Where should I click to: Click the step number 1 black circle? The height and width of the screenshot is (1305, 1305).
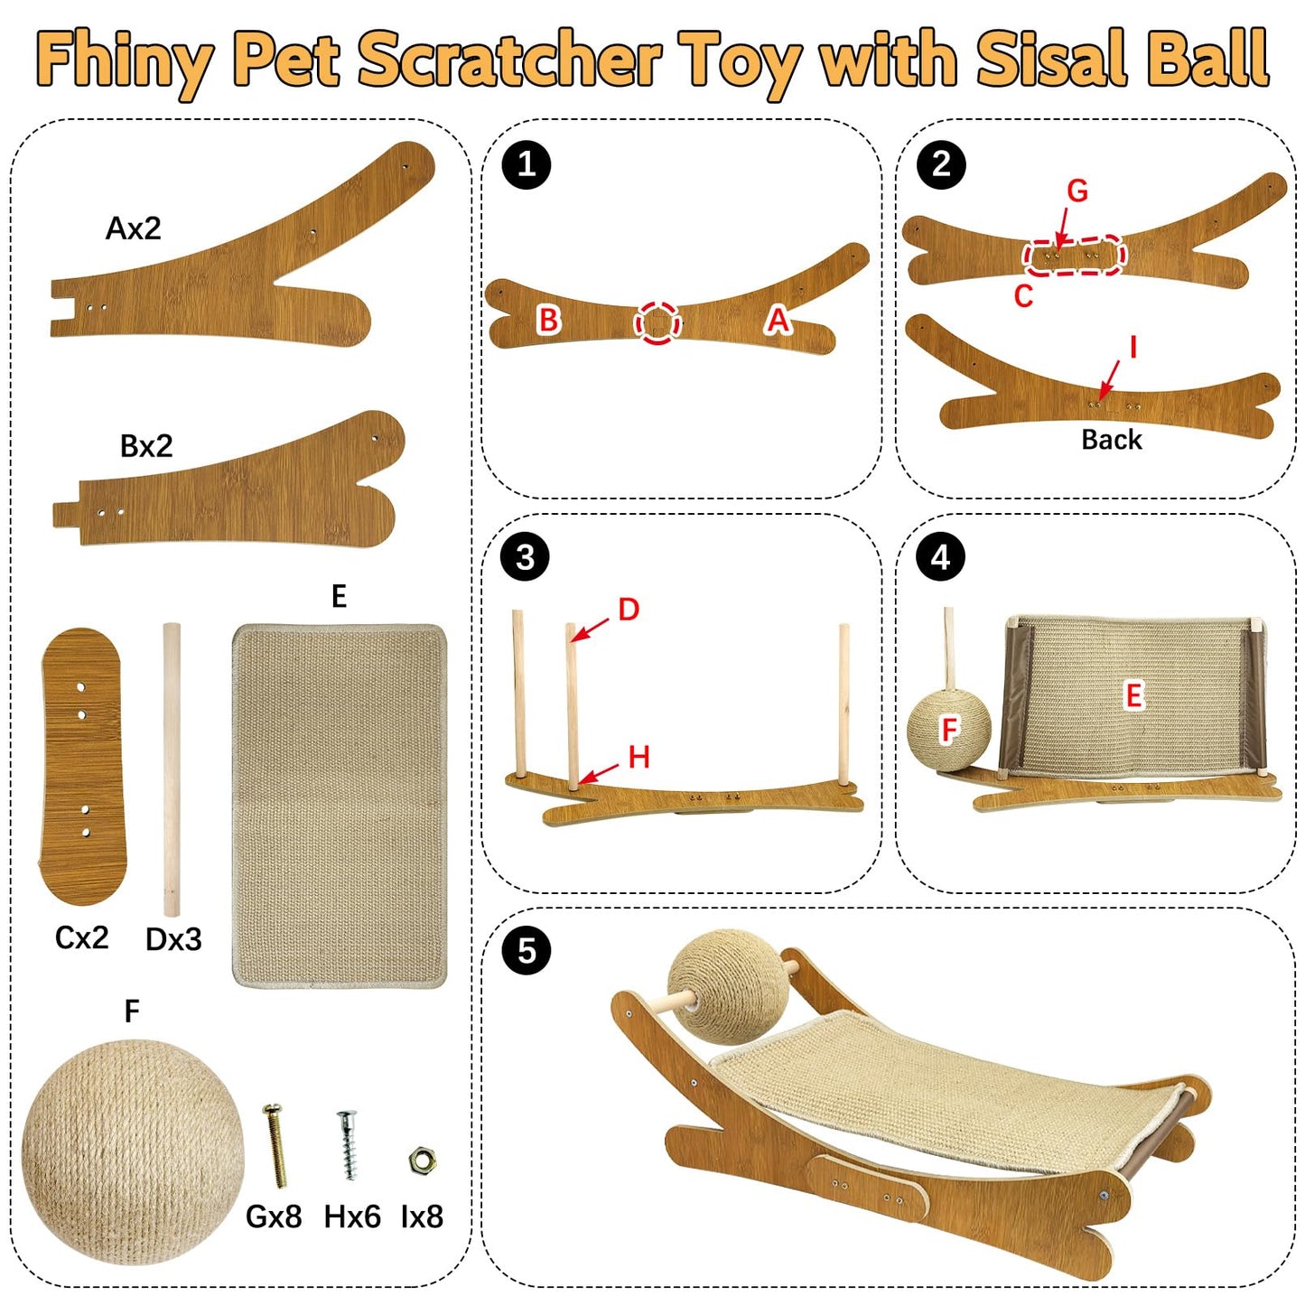(527, 164)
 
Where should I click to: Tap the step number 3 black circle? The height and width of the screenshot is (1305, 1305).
(527, 557)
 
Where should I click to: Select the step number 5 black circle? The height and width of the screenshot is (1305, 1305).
(527, 951)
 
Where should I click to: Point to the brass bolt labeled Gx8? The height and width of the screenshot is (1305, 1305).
(275, 1145)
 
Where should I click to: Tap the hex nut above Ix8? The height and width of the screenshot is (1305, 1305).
(420, 1161)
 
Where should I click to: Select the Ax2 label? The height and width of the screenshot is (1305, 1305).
(134, 228)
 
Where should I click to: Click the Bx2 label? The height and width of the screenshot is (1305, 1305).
(146, 446)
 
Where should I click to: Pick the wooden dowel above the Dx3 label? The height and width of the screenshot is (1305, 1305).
(172, 768)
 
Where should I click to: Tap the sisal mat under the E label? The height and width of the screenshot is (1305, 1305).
(340, 805)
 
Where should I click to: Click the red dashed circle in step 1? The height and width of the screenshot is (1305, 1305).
(657, 322)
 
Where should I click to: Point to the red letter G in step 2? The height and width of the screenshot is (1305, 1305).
(1077, 191)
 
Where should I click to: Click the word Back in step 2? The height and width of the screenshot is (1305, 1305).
(1112, 440)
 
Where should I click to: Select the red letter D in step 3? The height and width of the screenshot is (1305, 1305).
(629, 610)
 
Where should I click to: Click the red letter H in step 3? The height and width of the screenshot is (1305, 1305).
(639, 757)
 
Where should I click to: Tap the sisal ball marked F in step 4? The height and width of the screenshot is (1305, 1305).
(948, 730)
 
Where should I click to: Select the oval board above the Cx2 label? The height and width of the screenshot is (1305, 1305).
(83, 766)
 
